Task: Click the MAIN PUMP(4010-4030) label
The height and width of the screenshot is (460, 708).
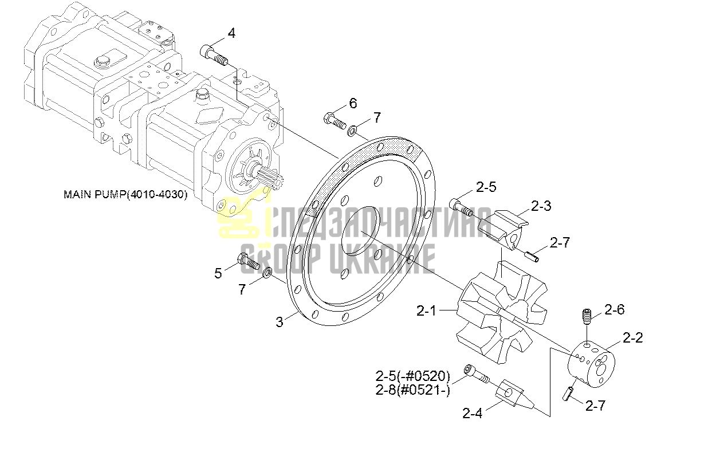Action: (125, 194)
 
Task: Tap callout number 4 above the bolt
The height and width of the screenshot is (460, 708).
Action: (231, 33)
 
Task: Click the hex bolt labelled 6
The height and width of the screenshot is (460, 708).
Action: (335, 121)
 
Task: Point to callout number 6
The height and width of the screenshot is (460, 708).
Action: (353, 103)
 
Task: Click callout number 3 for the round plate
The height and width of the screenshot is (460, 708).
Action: (280, 322)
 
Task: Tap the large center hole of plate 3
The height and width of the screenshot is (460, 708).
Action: (361, 231)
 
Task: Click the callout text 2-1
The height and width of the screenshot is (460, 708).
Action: (426, 311)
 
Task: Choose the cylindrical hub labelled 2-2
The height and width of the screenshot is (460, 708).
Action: (591, 364)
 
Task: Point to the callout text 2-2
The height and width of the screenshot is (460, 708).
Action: (633, 338)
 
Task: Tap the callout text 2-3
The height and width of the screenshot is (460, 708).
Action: (541, 206)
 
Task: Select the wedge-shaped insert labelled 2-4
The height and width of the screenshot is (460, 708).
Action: (514, 394)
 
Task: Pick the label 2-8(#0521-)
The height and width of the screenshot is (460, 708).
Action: (412, 390)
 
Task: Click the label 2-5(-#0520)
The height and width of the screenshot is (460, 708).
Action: (412, 376)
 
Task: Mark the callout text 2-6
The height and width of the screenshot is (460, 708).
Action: (615, 309)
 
